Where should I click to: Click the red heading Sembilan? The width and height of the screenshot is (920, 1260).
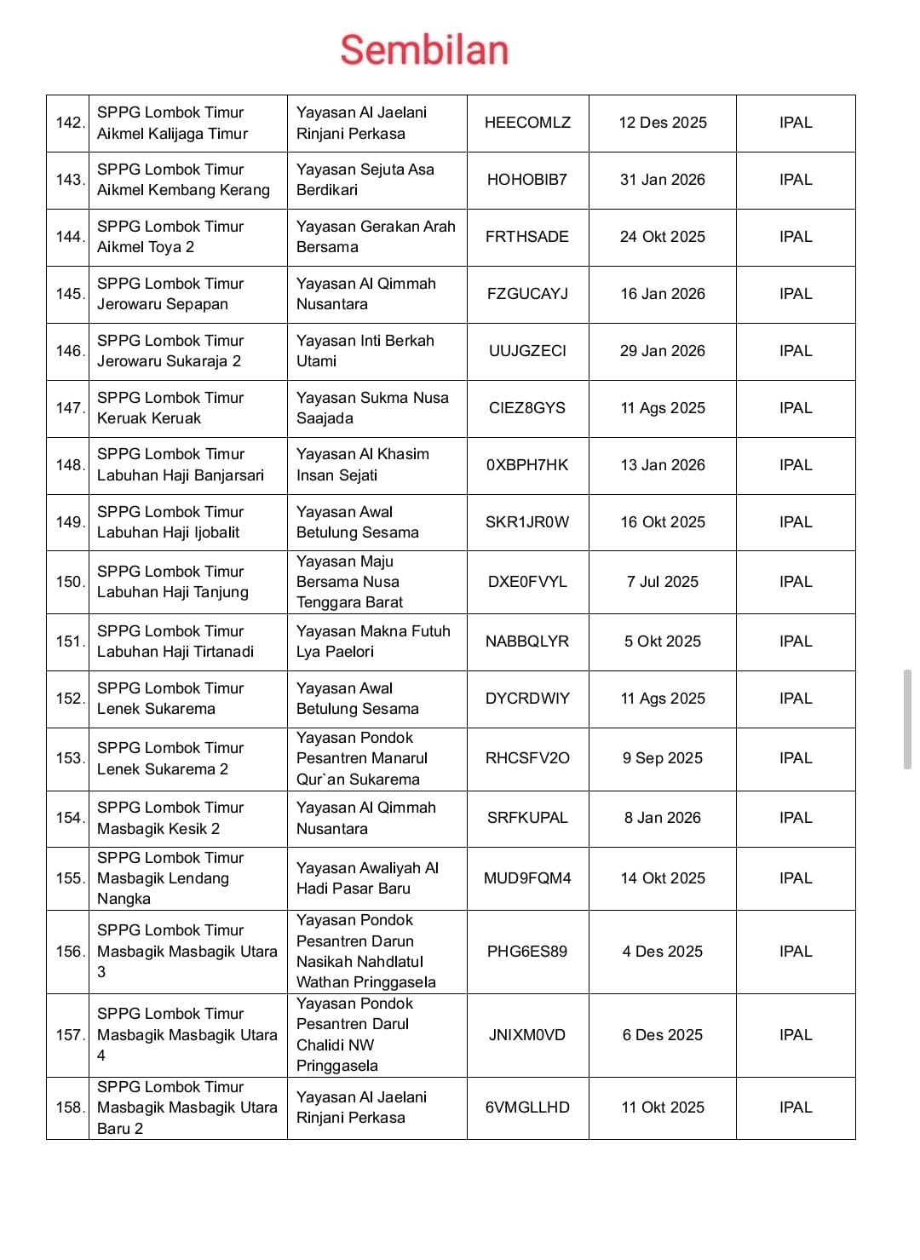(x=424, y=49)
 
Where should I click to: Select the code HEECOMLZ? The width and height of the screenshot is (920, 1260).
(x=527, y=123)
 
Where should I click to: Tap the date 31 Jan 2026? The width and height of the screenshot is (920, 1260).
(x=663, y=180)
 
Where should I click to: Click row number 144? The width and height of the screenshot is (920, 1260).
(x=68, y=237)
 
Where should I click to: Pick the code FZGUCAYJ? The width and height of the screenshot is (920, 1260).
(x=527, y=294)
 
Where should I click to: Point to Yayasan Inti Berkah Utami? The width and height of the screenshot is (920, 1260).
(x=365, y=351)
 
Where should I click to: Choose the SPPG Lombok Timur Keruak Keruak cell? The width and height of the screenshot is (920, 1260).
(x=170, y=408)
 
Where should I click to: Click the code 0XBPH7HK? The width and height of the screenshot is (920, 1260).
(x=527, y=465)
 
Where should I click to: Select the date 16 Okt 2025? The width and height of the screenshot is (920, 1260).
(x=663, y=522)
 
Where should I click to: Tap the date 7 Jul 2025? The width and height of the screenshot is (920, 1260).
(x=663, y=582)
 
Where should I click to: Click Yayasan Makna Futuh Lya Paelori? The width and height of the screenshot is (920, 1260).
(x=373, y=642)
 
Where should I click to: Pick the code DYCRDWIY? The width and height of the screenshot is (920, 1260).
(x=527, y=699)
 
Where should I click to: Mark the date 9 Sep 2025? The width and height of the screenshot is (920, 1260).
(x=663, y=758)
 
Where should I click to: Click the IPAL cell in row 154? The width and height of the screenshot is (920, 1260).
(x=796, y=818)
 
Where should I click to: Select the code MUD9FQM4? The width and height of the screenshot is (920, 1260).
(x=527, y=878)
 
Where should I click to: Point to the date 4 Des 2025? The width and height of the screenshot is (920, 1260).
(x=663, y=952)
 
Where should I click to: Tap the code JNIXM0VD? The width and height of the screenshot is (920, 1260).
(x=527, y=1035)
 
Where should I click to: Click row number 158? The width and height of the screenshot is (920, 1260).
(x=68, y=1108)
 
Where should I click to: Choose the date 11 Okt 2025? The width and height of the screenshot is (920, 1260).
(x=663, y=1108)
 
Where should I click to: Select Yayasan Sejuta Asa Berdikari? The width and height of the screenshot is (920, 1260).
(x=365, y=180)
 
